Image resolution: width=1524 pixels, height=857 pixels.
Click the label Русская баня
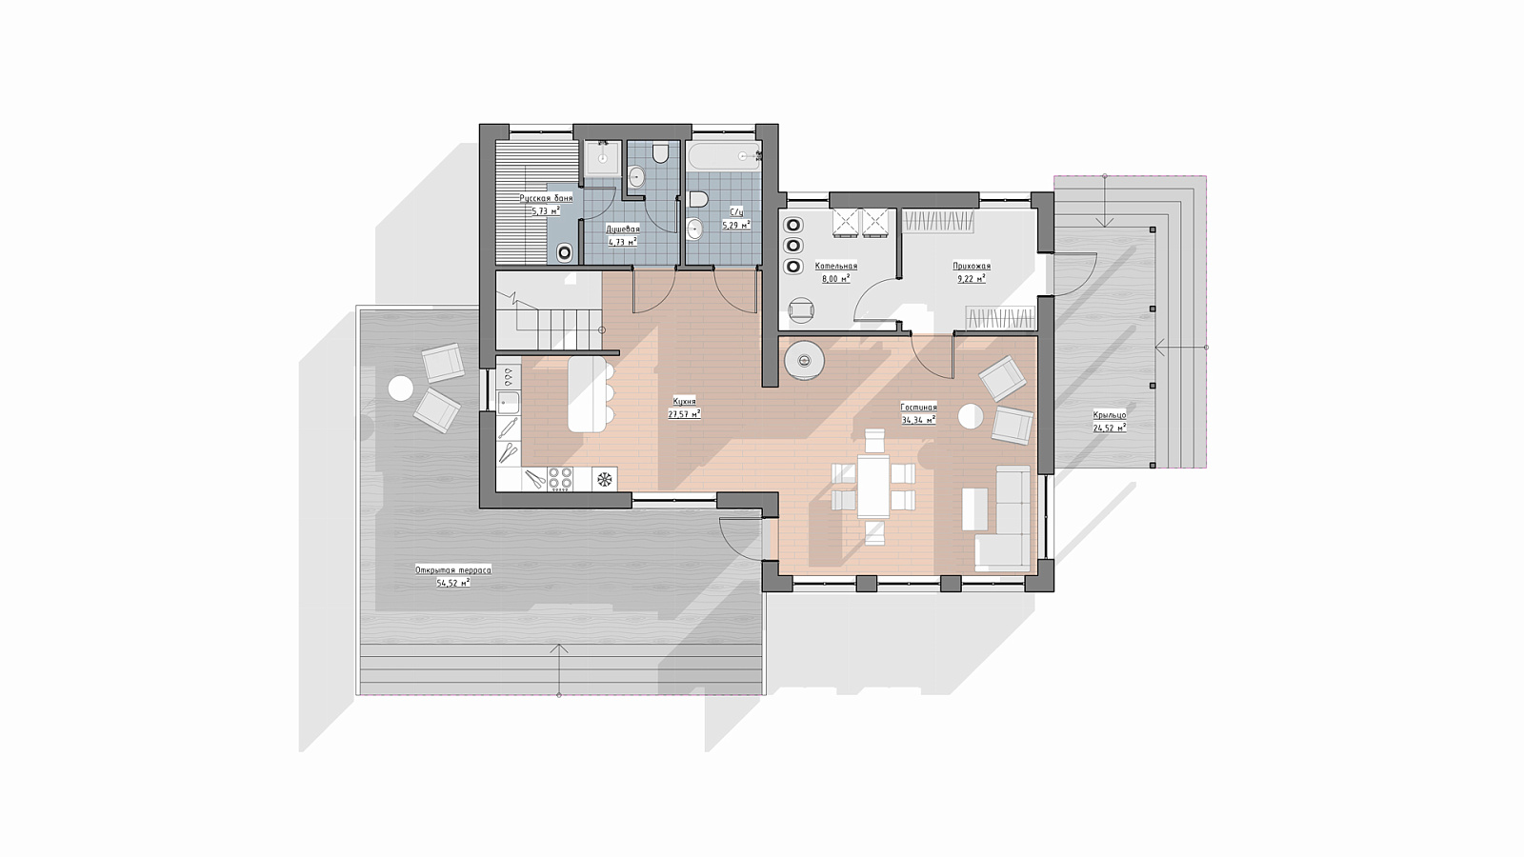point(546,198)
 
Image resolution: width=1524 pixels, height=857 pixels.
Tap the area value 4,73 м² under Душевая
point(622,242)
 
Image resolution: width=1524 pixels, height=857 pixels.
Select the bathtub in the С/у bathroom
point(724,156)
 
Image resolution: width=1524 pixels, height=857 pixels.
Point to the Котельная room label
point(836,266)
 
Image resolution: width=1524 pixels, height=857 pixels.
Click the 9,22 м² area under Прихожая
point(971,278)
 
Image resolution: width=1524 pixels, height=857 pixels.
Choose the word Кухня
point(685,401)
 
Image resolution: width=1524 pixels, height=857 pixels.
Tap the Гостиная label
point(918,408)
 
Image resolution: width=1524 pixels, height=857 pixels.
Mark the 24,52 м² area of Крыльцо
point(1110,428)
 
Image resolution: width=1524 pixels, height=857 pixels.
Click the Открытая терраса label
point(453,570)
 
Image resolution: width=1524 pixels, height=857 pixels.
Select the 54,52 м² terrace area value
point(453,583)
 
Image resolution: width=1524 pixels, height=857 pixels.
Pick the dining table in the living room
point(872,487)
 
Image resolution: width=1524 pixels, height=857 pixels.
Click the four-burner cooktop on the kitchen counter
point(561,478)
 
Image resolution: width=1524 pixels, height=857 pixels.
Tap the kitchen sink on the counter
point(509,403)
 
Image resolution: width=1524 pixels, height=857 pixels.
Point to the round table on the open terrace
point(400,389)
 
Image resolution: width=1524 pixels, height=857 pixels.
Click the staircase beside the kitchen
point(550,309)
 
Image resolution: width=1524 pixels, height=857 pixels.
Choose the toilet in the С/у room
point(699,199)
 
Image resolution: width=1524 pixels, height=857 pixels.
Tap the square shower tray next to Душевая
point(602,159)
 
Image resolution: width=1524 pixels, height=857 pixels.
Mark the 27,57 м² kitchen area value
point(685,413)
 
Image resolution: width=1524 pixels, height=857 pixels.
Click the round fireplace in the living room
point(804,358)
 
